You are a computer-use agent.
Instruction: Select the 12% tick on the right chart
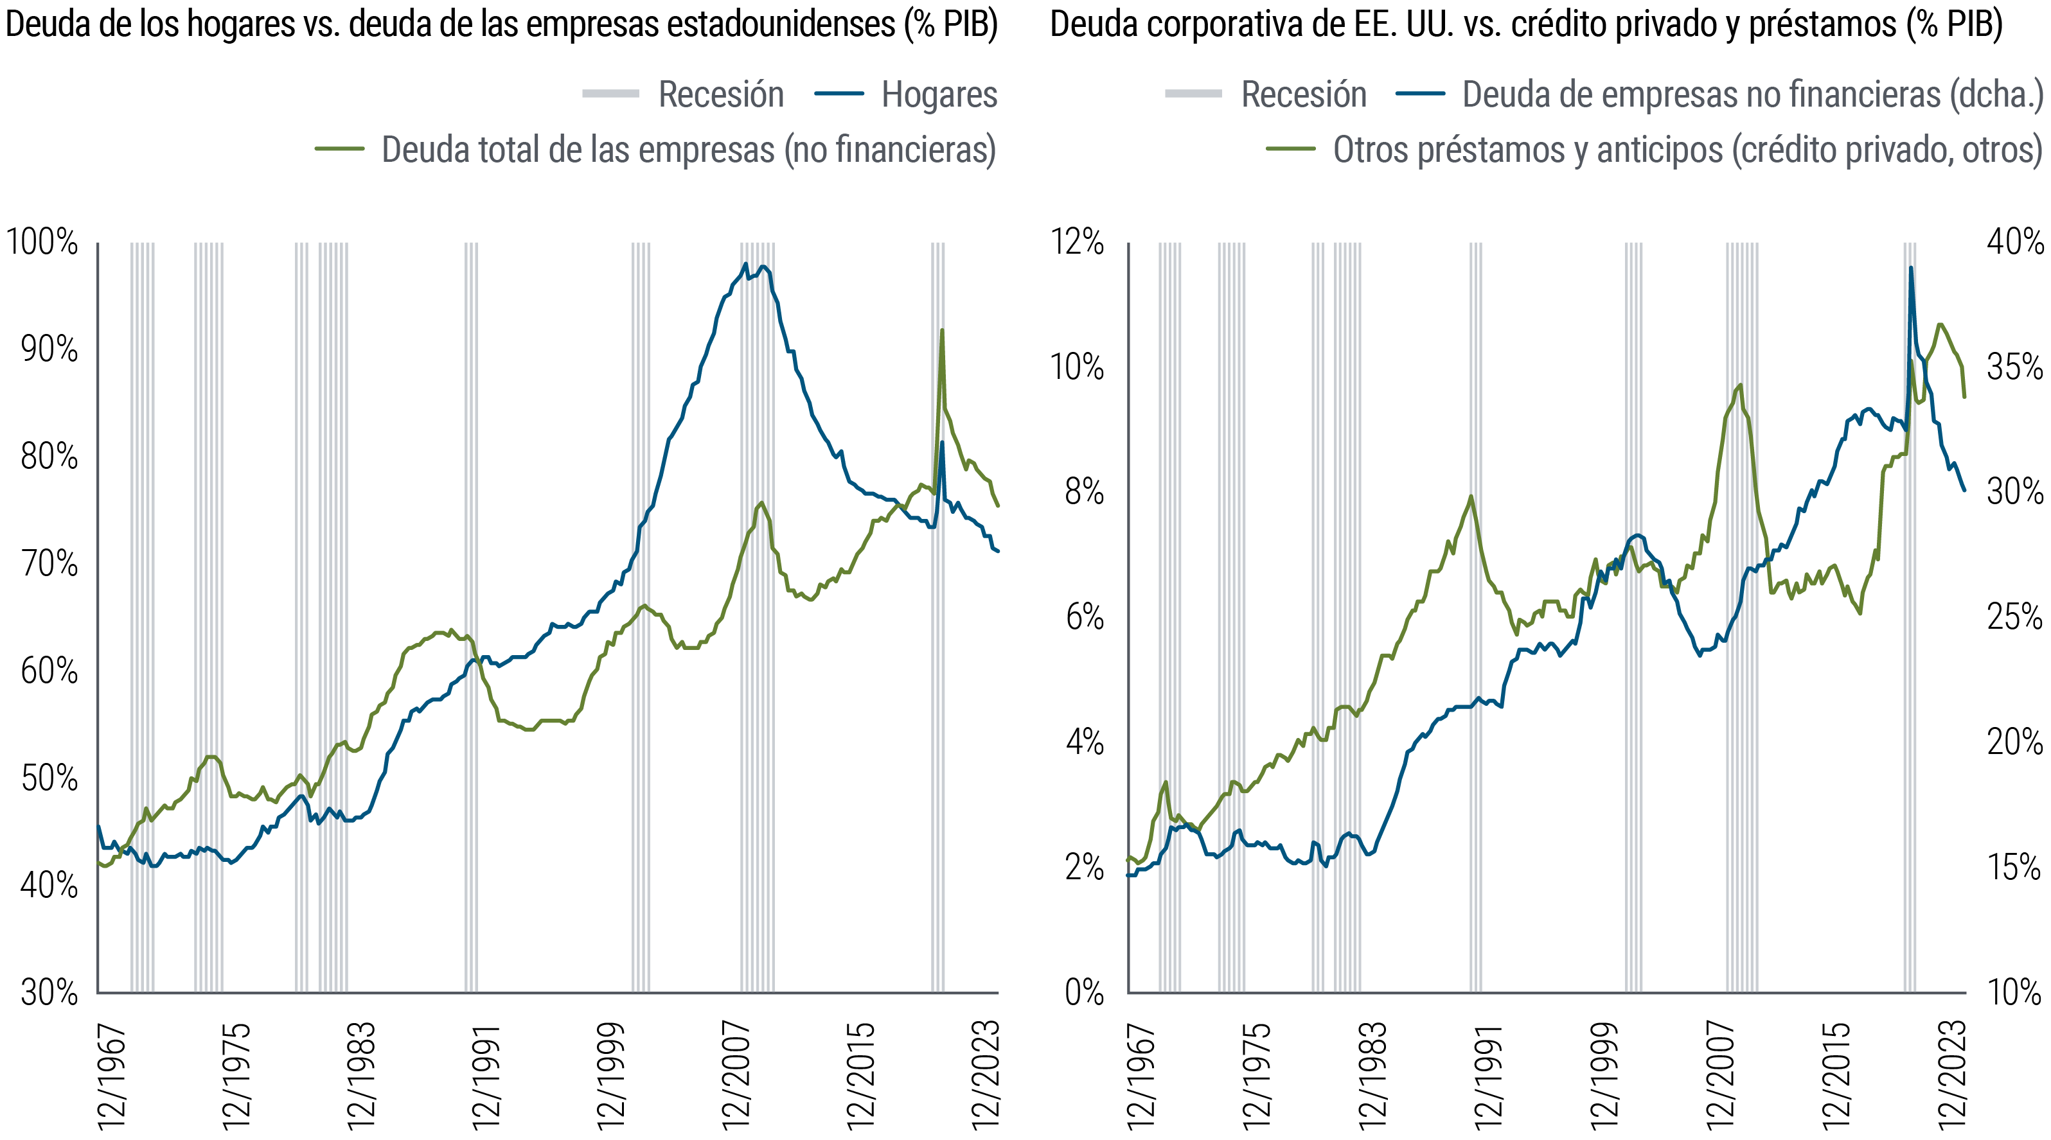(x=1076, y=243)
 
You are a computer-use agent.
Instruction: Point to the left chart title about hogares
(x=502, y=24)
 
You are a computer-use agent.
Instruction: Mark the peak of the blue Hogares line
(x=745, y=265)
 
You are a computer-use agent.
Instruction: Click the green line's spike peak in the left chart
(x=942, y=329)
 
